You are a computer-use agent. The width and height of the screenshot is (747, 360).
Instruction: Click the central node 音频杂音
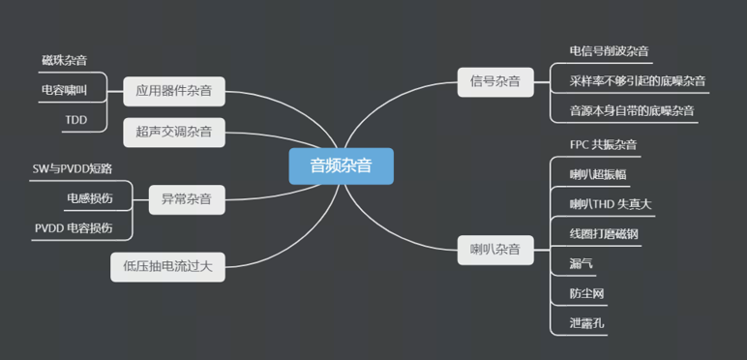click(341, 165)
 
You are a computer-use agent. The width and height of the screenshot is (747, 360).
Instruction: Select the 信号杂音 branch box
click(494, 81)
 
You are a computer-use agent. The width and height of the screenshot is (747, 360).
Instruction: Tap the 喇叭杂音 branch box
click(494, 251)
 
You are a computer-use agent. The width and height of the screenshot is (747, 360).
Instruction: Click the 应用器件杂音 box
click(174, 93)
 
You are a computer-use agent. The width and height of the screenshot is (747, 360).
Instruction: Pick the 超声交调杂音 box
click(174, 131)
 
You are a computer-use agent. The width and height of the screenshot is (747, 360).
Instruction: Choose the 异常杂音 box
click(186, 201)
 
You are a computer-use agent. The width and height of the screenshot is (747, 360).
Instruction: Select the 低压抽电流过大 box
click(167, 264)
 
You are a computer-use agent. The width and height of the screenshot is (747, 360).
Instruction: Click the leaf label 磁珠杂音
click(64, 60)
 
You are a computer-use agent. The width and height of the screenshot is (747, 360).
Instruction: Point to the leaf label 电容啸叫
click(64, 90)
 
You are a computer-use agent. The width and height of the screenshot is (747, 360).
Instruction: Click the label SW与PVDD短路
click(73, 168)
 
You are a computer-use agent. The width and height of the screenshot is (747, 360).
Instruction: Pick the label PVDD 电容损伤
click(74, 228)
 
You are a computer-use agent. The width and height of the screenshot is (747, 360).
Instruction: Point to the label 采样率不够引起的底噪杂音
click(638, 80)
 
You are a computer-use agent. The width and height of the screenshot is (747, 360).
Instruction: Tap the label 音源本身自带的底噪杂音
click(632, 110)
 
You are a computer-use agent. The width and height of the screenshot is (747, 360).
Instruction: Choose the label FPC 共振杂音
click(604, 145)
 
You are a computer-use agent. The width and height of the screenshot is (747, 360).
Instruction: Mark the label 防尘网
click(587, 292)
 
